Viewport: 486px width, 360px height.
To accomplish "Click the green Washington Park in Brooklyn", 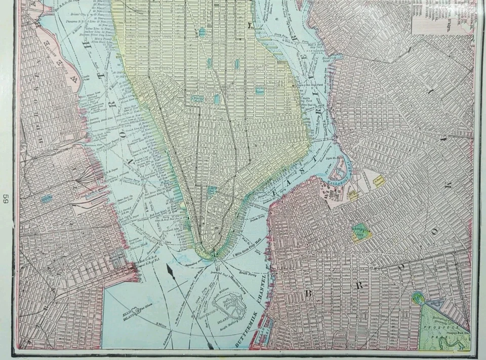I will [x=360, y=230].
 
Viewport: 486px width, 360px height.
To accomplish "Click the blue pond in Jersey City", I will [x=47, y=198].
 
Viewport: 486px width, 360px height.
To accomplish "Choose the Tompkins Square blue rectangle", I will [x=259, y=92].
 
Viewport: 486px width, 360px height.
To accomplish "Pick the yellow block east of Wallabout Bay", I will [x=379, y=181].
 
